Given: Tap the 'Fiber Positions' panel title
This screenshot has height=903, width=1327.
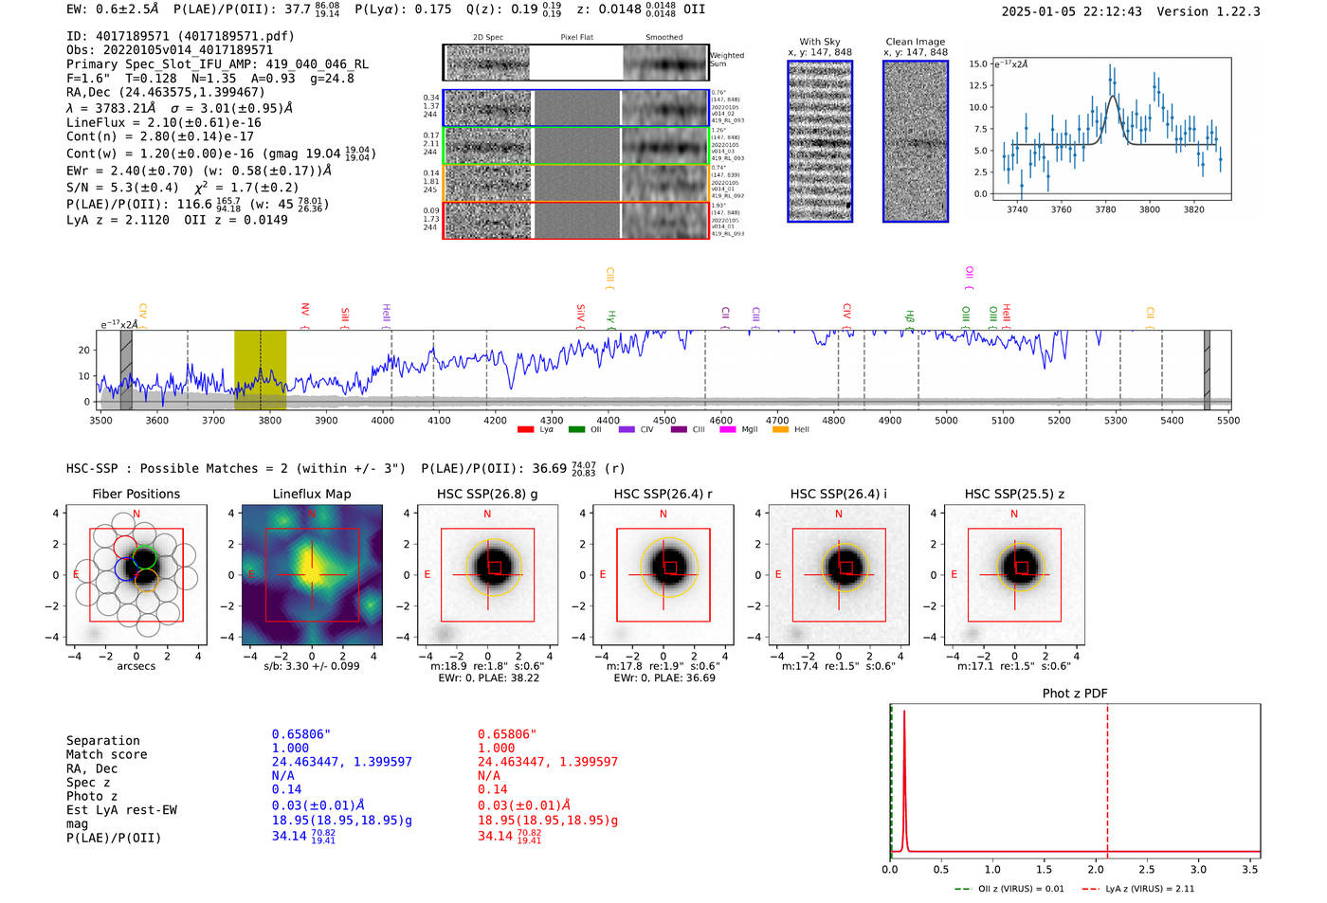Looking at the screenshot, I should coord(136,494).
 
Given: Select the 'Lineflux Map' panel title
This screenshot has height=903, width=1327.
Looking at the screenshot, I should coord(312,494).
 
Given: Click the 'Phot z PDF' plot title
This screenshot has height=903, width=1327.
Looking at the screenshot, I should coord(1075,693).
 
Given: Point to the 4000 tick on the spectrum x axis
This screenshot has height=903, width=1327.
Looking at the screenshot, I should coord(382,420).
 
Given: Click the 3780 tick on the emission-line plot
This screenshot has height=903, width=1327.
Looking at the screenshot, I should coord(1105,209).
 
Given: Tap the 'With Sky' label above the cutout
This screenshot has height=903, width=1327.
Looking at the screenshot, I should coord(820,42).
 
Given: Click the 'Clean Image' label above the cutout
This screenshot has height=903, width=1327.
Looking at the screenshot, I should coord(916,42).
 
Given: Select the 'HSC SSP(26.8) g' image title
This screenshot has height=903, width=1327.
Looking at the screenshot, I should coord(487,494).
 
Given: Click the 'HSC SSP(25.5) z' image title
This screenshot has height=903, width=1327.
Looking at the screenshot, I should coord(1014,494).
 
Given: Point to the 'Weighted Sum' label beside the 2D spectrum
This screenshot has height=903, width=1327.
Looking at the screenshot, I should coord(726,59).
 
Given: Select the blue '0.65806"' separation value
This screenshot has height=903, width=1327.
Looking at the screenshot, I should coord(301,734).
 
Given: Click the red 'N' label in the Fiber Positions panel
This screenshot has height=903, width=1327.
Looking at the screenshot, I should coord(136,515).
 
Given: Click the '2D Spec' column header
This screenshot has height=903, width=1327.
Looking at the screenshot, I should coord(488,37).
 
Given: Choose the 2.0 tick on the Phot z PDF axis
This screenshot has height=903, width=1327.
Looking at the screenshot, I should coord(1095,869).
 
